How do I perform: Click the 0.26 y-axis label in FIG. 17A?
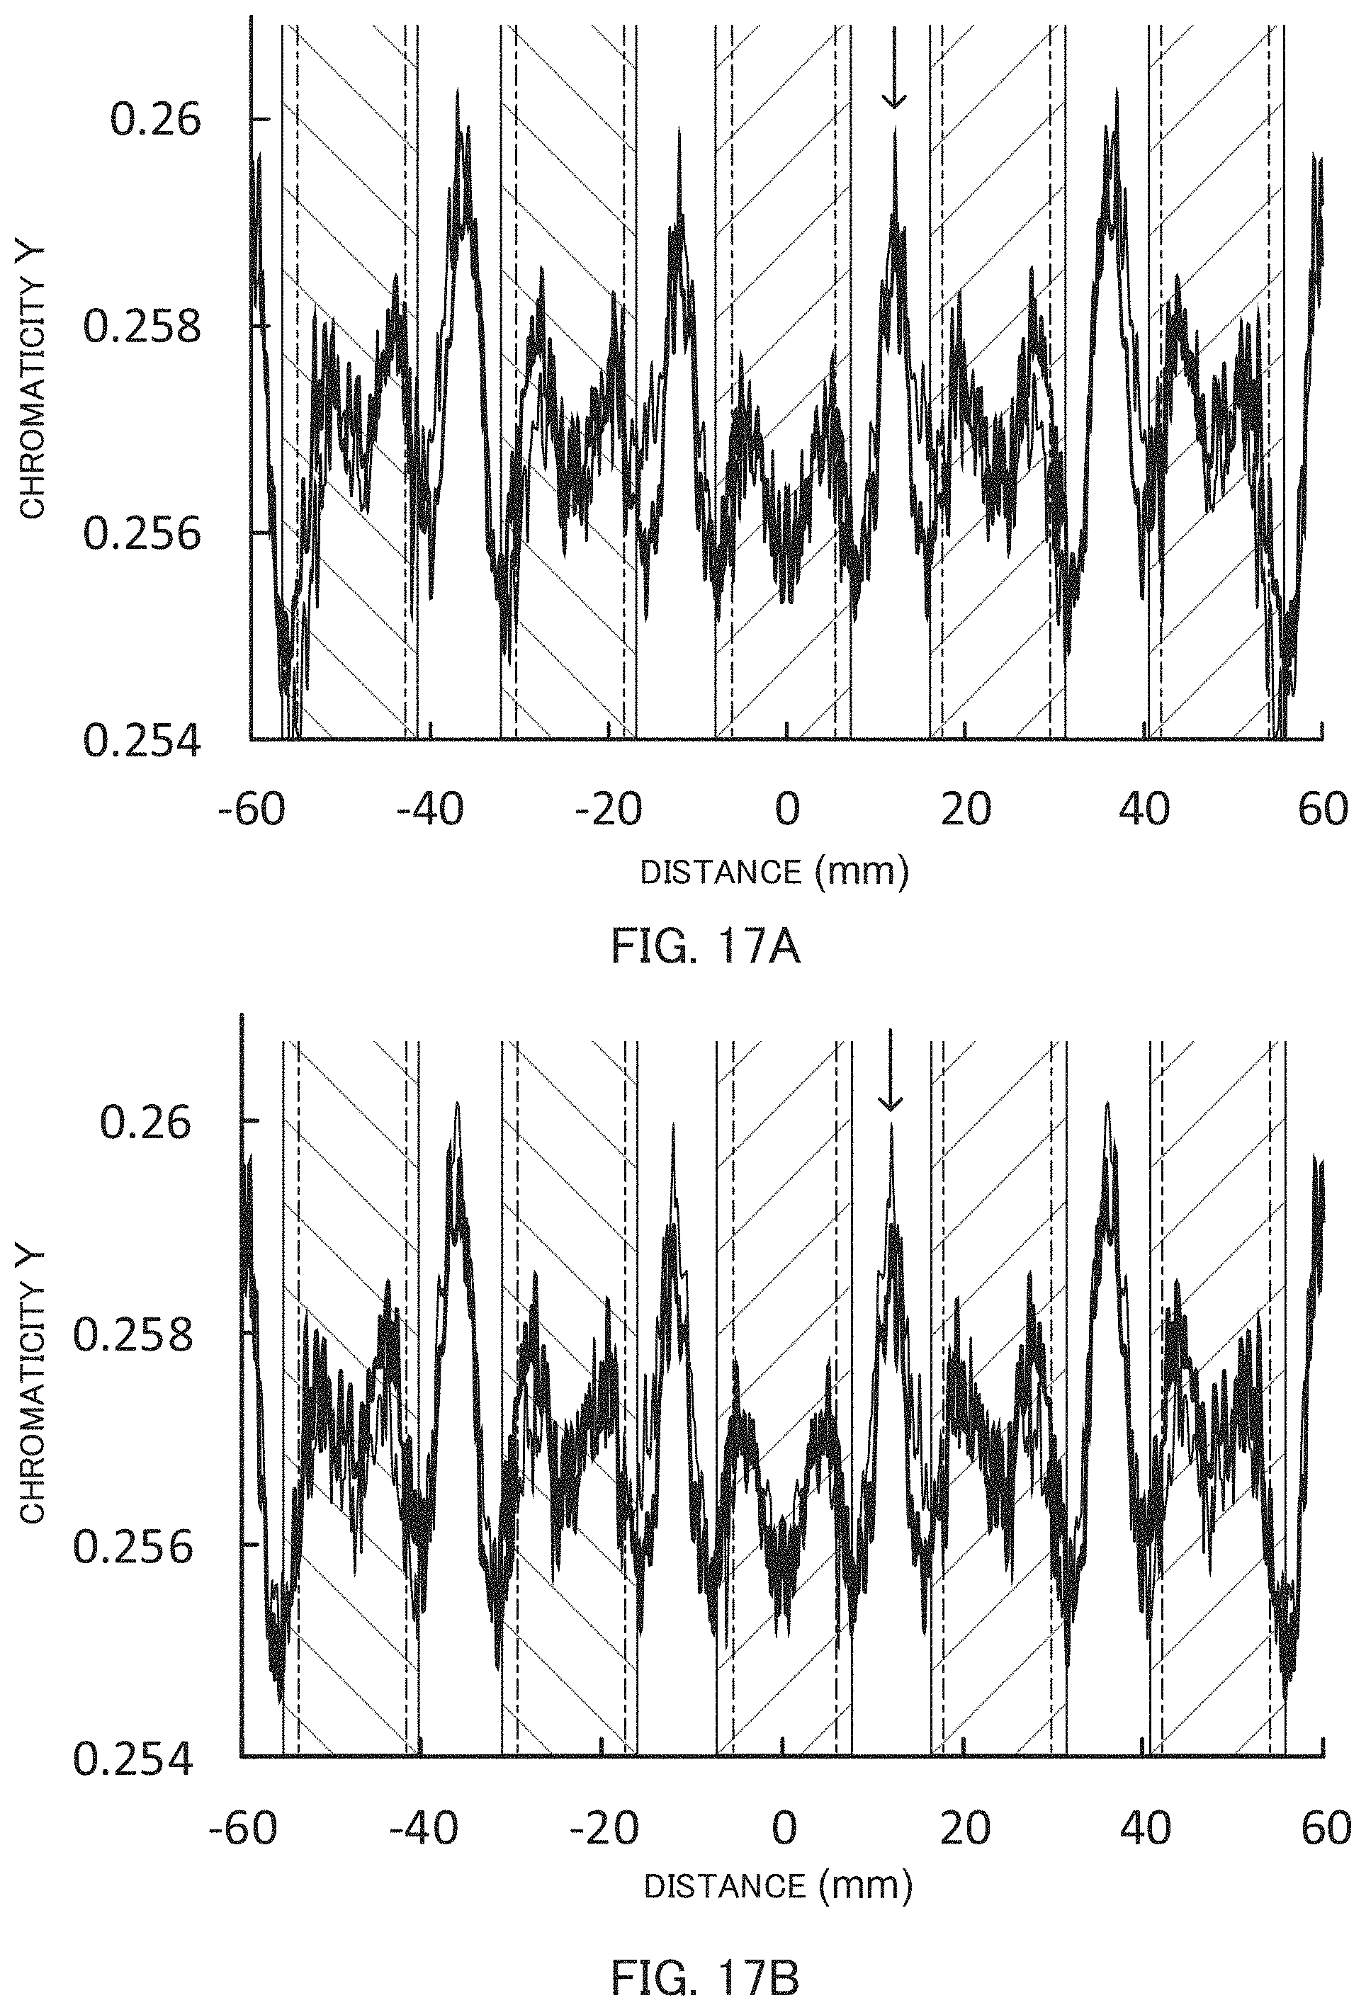(x=144, y=120)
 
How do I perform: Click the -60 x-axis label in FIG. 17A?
(x=252, y=810)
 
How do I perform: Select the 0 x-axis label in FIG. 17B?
(x=784, y=1829)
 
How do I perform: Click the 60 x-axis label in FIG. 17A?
(x=1323, y=810)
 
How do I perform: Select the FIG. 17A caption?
(x=705, y=948)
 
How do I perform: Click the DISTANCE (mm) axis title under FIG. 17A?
(x=774, y=871)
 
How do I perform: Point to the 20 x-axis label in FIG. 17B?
(x=966, y=1829)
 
